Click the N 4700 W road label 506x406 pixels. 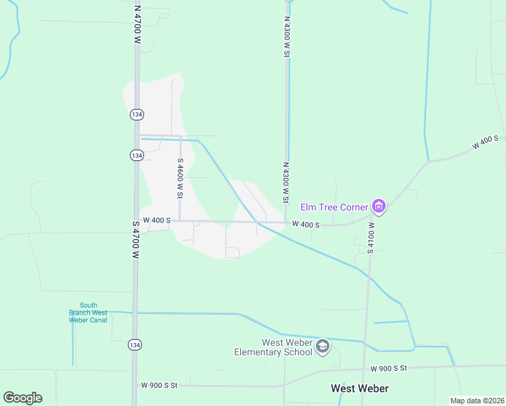137,26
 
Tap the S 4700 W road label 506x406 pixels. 135,239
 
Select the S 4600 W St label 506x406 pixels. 180,178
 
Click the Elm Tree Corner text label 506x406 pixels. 334,206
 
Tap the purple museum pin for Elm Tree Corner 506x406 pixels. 379,206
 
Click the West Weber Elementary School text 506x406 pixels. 273,347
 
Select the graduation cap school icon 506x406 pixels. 323,346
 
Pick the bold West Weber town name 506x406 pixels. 359,388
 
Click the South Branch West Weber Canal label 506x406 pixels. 88,313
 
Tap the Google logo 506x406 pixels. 22,398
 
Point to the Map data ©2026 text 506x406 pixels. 477,401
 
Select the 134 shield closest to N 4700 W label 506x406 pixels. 137,114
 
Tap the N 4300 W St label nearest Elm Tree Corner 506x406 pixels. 286,182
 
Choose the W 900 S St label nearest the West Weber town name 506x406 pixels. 389,368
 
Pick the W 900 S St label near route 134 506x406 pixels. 159,385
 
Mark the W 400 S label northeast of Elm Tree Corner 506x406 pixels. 485,143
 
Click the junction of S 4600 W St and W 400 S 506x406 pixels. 180,221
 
